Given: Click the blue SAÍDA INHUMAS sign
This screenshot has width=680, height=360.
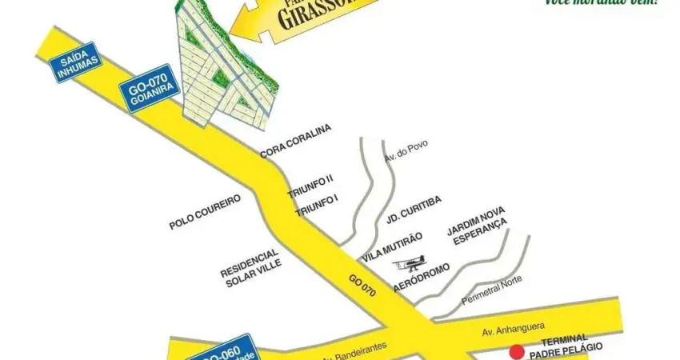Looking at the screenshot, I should point(77,62).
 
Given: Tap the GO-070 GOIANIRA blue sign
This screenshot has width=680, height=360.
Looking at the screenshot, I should point(148,88).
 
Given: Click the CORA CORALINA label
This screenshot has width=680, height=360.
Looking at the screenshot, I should point(295,142).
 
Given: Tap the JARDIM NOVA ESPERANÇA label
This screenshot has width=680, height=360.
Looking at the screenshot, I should point(478,225).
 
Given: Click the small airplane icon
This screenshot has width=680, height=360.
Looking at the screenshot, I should point(414,262).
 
